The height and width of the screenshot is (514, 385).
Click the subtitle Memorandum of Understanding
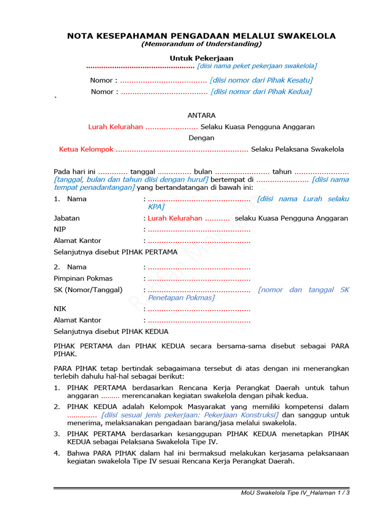pyautogui.click(x=201, y=44)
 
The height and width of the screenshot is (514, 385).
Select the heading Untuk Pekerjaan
pyautogui.click(x=201, y=59)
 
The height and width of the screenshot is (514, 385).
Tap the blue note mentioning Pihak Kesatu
pyautogui.click(x=261, y=80)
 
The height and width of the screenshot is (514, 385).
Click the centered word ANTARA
pyautogui.click(x=201, y=115)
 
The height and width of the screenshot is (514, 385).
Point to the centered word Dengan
pyautogui.click(x=201, y=138)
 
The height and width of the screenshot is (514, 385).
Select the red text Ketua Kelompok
pyautogui.click(x=86, y=149)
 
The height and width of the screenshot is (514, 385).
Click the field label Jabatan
pyautogui.click(x=67, y=218)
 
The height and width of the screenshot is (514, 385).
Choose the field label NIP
pyautogui.click(x=60, y=229)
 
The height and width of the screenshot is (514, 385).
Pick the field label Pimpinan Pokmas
pyautogui.click(x=83, y=279)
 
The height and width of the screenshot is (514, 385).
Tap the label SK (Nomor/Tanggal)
pyautogui.click(x=88, y=290)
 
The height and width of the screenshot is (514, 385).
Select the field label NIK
pyautogui.click(x=60, y=309)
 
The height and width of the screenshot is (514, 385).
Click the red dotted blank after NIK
pyautogui.click(x=199, y=309)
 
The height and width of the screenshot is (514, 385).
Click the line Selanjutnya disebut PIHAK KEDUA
pyautogui.click(x=111, y=332)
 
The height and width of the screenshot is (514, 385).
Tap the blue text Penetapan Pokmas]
pyautogui.click(x=181, y=298)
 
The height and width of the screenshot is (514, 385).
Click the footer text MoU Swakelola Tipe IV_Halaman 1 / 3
pyautogui.click(x=295, y=493)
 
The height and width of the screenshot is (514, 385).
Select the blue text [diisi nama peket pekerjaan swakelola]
pyautogui.click(x=257, y=66)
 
